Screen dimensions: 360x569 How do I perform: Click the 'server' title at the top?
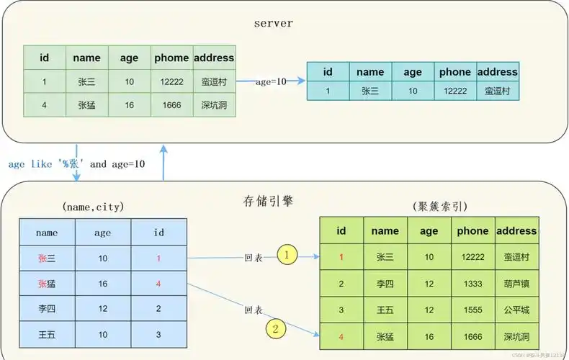point(274,23)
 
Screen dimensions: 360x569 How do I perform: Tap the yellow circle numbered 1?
point(287,254)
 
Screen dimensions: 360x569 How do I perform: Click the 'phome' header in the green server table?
point(171,58)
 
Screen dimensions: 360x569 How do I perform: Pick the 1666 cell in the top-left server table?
point(171,105)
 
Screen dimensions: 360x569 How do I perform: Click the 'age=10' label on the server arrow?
point(271,81)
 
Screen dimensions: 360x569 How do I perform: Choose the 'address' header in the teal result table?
point(498,72)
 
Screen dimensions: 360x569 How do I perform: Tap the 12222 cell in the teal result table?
point(455,91)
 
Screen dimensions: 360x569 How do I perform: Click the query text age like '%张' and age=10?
point(76,163)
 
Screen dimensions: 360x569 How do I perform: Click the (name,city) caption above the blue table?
point(94,207)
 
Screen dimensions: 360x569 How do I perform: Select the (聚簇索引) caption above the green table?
point(440,207)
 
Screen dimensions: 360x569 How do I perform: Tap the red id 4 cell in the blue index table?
point(158,284)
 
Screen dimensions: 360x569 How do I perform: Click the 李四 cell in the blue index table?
point(47,308)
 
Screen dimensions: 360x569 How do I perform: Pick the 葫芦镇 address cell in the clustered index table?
point(516,284)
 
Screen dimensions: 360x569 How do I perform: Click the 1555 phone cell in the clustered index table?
point(472,310)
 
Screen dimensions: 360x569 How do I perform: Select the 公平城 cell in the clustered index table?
point(516,310)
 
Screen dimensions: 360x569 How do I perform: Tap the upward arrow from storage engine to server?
point(164,163)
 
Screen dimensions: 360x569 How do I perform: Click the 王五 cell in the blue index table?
point(47,334)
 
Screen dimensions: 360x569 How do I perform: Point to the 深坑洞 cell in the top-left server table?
point(214,105)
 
